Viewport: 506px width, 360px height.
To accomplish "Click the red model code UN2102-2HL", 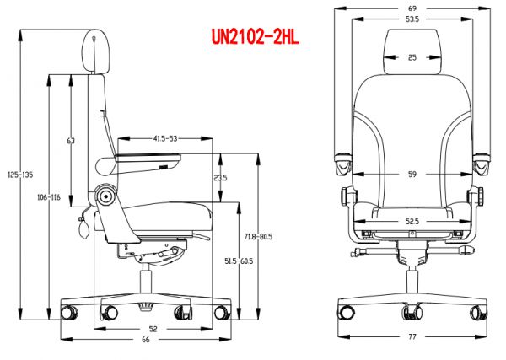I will click(x=256, y=36).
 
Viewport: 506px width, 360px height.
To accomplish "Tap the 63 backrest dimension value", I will click(x=71, y=140).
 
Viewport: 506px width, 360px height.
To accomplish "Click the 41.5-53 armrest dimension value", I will click(x=165, y=137).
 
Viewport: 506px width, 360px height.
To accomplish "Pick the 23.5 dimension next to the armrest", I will click(x=220, y=178).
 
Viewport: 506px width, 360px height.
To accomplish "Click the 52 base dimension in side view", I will click(x=152, y=329).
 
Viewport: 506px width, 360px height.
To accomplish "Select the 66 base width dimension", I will click(x=145, y=339).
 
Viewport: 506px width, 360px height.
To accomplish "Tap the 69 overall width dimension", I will click(x=413, y=8).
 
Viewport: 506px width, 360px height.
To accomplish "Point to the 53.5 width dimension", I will click(x=412, y=19).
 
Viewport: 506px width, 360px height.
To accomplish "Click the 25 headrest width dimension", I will click(x=412, y=57).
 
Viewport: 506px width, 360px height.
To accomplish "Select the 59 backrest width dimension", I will click(x=413, y=175).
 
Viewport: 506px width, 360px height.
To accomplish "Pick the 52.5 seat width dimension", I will click(x=413, y=222).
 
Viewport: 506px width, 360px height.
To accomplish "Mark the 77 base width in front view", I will click(x=413, y=337).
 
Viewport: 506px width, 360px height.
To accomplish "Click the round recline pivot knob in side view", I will click(x=106, y=196).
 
